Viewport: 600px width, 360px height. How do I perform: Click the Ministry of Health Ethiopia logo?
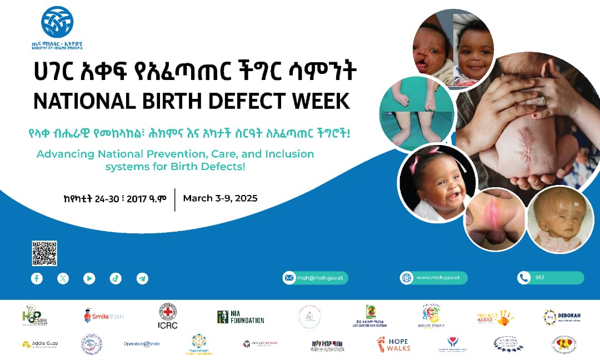point(57,23)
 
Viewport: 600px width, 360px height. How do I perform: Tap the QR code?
point(44,253)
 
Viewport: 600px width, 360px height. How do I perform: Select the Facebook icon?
point(37,278)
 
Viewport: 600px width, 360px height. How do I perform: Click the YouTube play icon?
point(89,278)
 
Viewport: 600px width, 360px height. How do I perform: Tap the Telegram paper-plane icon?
point(142,278)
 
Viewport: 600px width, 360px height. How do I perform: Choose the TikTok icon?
point(116,278)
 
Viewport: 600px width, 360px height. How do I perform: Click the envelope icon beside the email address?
point(289,278)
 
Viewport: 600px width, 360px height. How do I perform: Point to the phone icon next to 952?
point(523,278)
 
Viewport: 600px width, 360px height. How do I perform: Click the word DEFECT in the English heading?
point(250,101)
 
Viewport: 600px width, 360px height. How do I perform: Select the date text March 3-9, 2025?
point(220,198)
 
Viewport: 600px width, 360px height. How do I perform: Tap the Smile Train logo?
point(103,317)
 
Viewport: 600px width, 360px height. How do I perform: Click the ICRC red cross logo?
point(168,316)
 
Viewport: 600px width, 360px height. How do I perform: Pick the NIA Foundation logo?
point(241,317)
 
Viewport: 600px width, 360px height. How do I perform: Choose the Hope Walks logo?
point(392,344)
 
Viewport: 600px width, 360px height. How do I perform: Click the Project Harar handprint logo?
point(494,317)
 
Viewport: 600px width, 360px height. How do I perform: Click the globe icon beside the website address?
point(406,278)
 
